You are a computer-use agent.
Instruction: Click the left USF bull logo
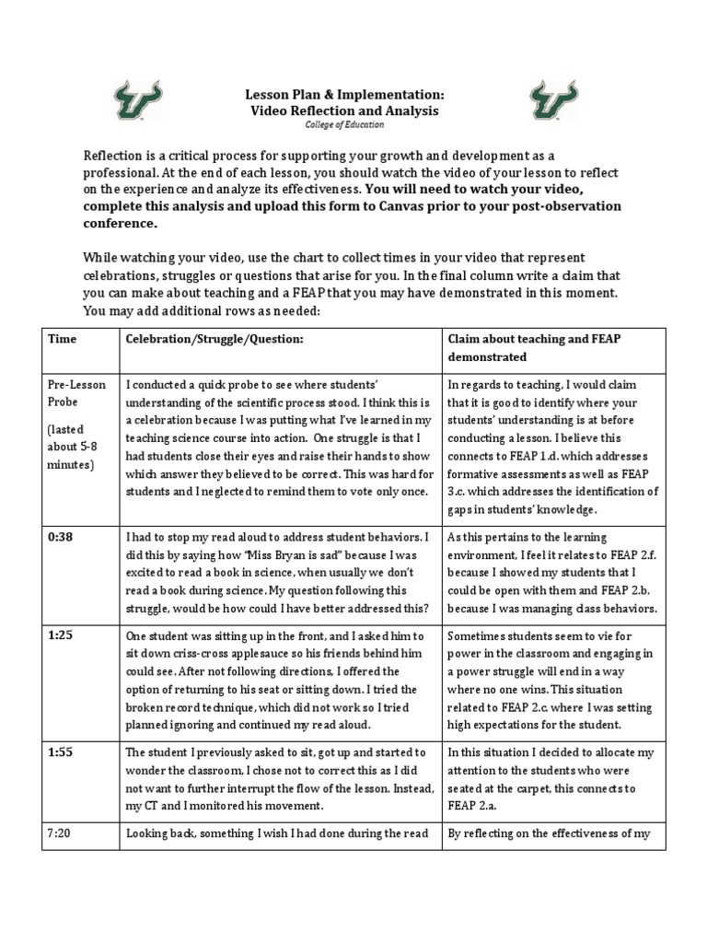click(x=137, y=100)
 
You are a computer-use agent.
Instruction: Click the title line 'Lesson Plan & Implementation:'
click(x=344, y=94)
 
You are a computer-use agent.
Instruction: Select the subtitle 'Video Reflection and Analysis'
click(x=344, y=111)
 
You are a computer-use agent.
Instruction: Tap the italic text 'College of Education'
click(x=344, y=125)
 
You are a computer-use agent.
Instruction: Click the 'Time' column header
click(x=62, y=339)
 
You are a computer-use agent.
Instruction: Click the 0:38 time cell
click(x=61, y=537)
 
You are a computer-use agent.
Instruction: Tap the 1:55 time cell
click(x=61, y=752)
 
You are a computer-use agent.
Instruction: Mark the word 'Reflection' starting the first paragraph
click(x=115, y=157)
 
